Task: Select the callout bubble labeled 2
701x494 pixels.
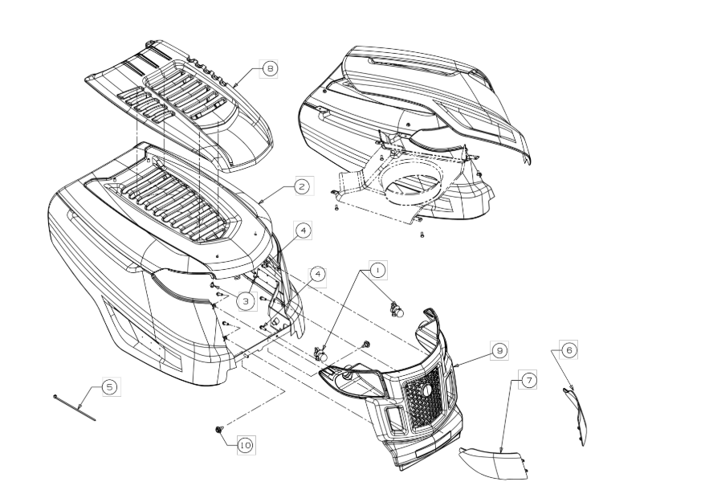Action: click(301, 186)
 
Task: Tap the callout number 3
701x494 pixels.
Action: click(246, 301)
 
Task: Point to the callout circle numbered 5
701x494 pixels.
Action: click(110, 387)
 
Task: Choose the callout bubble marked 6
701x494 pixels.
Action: click(568, 349)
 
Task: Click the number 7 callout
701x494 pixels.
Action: click(528, 380)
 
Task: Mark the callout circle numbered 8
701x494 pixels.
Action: click(269, 69)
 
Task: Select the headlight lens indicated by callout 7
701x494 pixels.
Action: click(490, 463)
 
